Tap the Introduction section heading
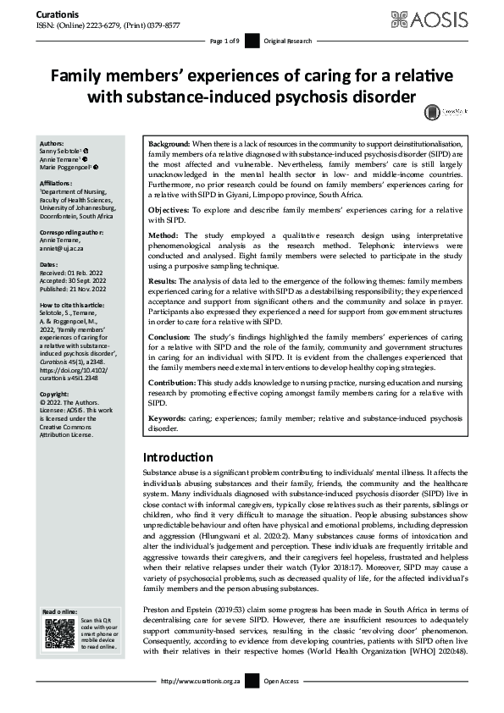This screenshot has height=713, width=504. point(178,458)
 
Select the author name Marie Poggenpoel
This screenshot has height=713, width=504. point(69,168)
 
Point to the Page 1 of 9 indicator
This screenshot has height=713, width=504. point(224,41)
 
